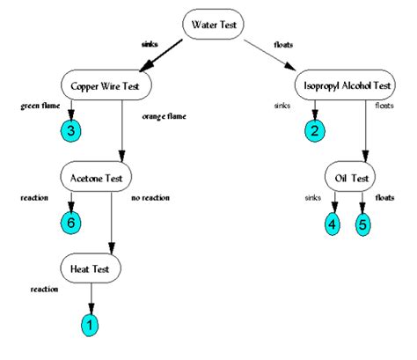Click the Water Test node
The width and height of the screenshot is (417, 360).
point(214,24)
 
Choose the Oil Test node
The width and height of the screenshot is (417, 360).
point(351,176)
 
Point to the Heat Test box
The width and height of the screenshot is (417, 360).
point(90,266)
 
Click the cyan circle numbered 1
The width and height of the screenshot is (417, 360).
point(89,325)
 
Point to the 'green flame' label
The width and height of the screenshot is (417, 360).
point(39,107)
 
